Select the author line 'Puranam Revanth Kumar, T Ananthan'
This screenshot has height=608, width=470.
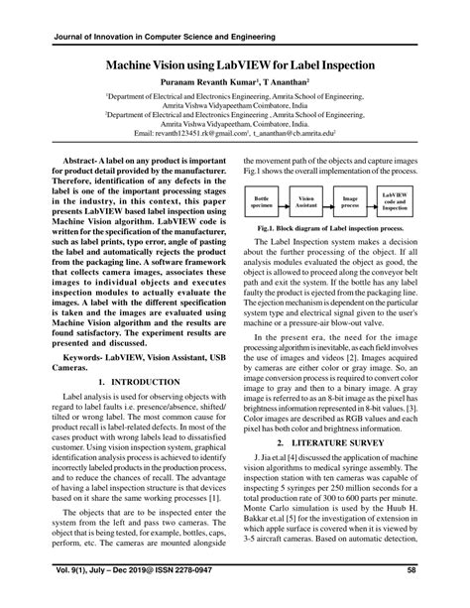pyautogui.click(x=234, y=82)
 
